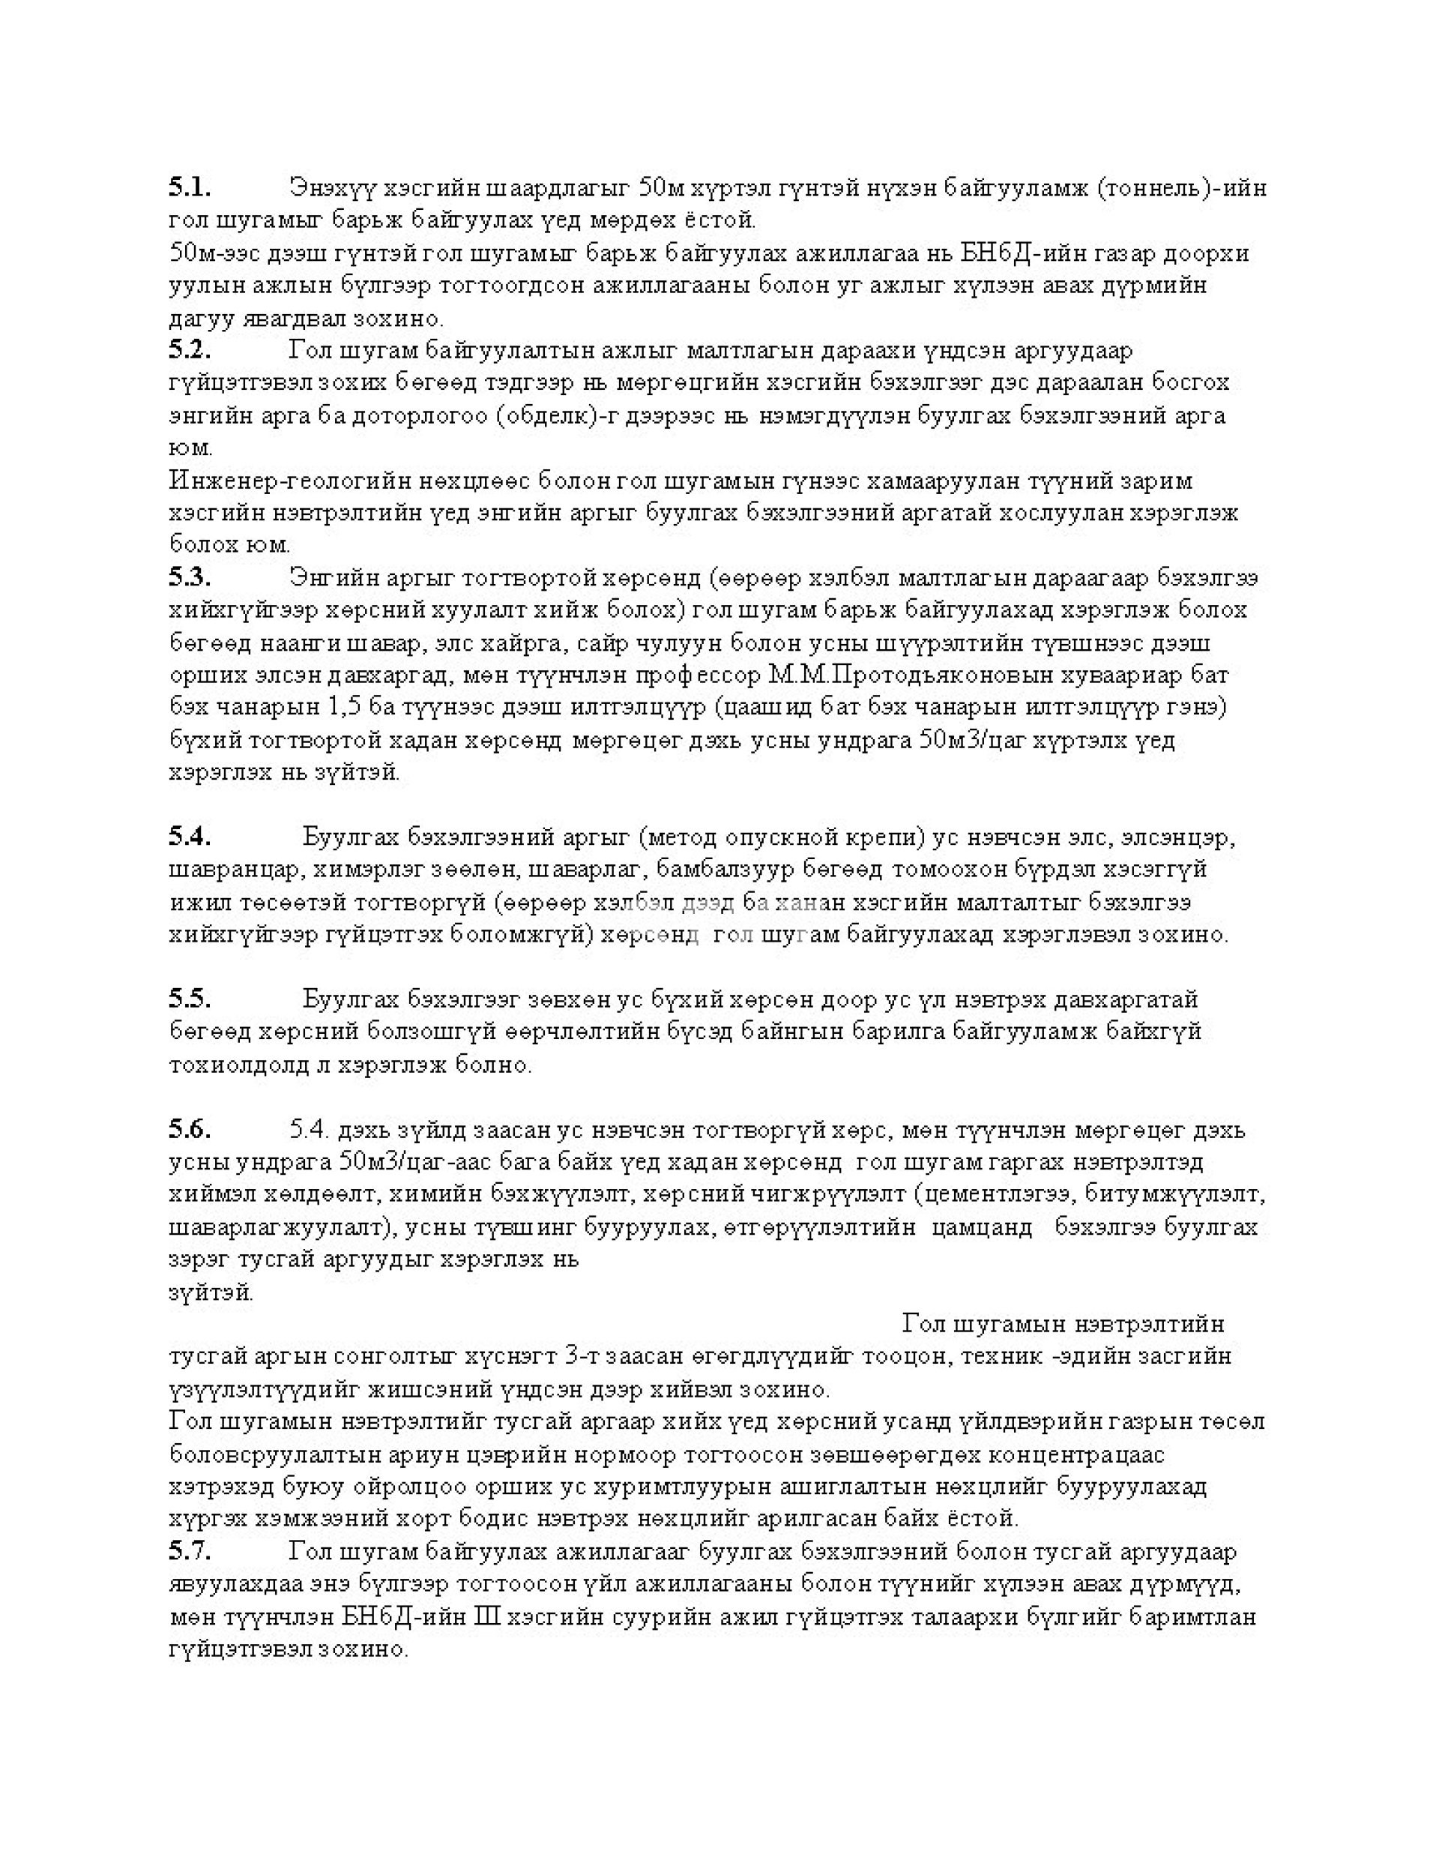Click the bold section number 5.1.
tap(190, 186)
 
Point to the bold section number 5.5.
tap(190, 998)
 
